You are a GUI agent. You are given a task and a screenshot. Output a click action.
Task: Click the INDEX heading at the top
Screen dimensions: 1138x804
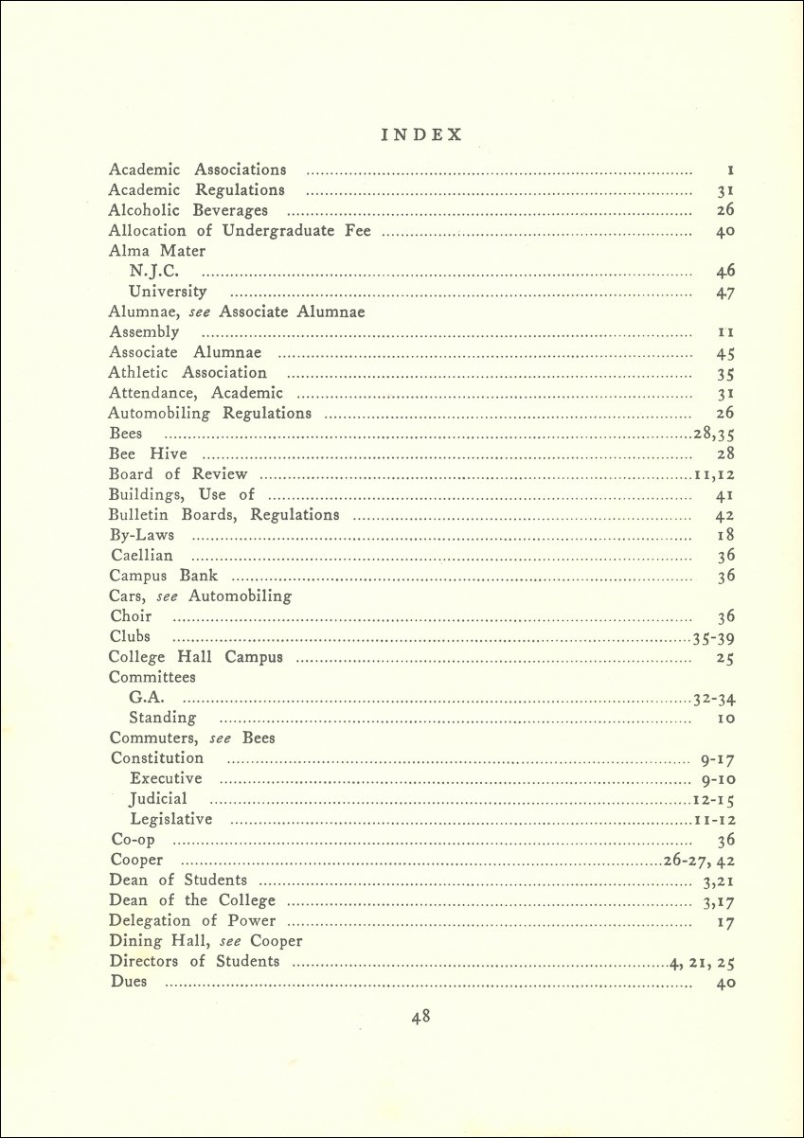(x=421, y=134)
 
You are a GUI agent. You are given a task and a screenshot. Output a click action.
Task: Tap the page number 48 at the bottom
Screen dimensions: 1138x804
(x=421, y=1018)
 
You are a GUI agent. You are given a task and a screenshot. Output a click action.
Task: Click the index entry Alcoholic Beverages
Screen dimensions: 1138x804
(x=188, y=210)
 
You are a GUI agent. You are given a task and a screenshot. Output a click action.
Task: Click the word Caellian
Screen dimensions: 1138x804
(x=142, y=556)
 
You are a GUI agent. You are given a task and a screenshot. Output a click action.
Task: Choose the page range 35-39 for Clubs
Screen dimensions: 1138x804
(x=714, y=637)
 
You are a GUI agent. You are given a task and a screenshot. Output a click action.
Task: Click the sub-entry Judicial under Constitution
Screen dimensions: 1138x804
(x=158, y=799)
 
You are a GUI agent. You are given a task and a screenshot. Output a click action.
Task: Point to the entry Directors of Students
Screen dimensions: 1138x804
(x=194, y=962)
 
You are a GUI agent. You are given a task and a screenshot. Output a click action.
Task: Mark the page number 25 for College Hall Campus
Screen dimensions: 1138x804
(x=725, y=658)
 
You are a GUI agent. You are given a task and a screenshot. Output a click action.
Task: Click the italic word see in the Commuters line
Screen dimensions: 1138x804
(x=221, y=738)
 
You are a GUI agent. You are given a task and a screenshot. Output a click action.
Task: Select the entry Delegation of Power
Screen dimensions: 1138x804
(x=192, y=921)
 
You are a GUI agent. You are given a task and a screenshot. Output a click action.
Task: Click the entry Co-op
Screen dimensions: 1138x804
(x=132, y=840)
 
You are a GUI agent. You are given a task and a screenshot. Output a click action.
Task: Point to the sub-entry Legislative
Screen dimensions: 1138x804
(x=171, y=819)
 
